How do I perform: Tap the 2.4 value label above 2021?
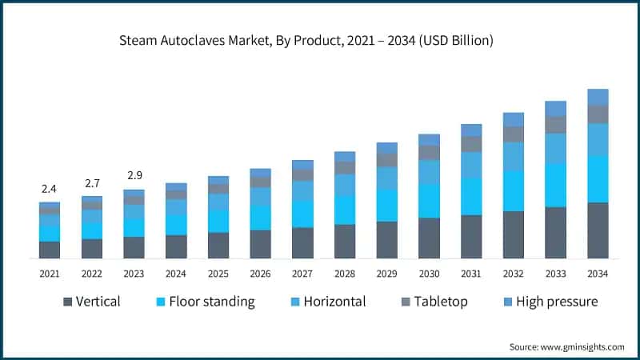point(50,189)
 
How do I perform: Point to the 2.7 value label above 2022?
point(92,183)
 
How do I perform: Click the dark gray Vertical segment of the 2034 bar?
point(598,230)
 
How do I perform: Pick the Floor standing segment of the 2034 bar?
point(598,179)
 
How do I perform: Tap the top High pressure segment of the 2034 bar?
point(598,97)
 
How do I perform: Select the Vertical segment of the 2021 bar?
point(50,250)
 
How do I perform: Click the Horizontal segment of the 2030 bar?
point(429,172)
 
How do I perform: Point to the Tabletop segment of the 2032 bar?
point(514,134)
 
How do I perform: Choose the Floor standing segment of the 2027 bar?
point(302,214)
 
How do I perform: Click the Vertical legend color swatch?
point(68,302)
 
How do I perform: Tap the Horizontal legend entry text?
point(329,302)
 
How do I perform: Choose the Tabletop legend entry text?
point(439,302)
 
